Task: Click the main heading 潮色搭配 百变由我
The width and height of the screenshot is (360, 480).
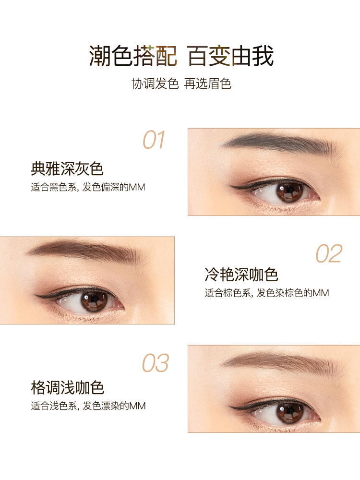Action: point(181,56)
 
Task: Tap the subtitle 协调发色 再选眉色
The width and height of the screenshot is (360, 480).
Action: point(181,84)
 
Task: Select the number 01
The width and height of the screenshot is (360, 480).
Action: point(154,140)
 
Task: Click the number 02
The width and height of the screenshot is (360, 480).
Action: point(329,253)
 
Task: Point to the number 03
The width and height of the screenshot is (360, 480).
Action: point(155,363)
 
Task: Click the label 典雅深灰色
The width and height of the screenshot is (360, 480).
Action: point(67,168)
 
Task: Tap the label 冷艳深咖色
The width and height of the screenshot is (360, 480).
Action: point(241,275)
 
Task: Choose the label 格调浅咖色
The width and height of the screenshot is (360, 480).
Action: point(67,387)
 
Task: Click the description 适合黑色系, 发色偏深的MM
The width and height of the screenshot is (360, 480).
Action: point(88,187)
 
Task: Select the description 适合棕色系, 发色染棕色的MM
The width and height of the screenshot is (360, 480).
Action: point(267,293)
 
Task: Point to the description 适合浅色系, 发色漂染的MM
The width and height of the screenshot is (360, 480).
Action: point(88,406)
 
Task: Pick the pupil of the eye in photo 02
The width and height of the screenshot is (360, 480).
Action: point(94,300)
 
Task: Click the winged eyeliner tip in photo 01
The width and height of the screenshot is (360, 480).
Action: point(230,186)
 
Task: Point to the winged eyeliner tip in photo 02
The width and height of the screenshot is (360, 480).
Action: point(35,295)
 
